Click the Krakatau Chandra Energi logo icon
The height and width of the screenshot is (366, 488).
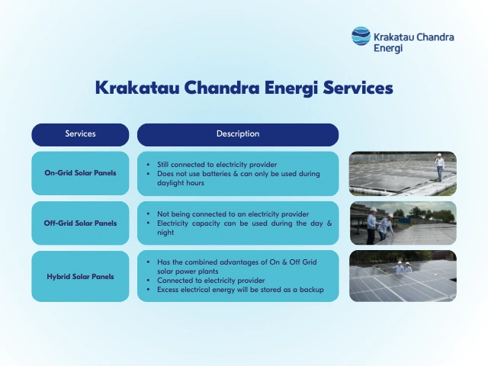[x=361, y=37]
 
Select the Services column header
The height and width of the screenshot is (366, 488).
[x=80, y=134]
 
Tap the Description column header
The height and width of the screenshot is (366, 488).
[x=238, y=134]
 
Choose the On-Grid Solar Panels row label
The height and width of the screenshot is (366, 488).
[x=80, y=173]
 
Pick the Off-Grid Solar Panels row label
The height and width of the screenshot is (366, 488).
[x=80, y=223]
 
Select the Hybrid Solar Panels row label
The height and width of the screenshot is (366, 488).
[x=80, y=275]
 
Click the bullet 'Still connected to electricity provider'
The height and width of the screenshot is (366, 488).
[x=217, y=164]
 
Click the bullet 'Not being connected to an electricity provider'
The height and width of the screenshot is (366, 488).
[x=233, y=214]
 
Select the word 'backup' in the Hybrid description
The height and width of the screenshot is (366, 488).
[x=310, y=289]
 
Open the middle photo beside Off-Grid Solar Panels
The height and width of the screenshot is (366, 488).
[x=403, y=223]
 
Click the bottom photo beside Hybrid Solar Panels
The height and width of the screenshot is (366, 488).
[x=403, y=275]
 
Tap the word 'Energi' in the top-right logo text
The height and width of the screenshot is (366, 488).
[x=389, y=47]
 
